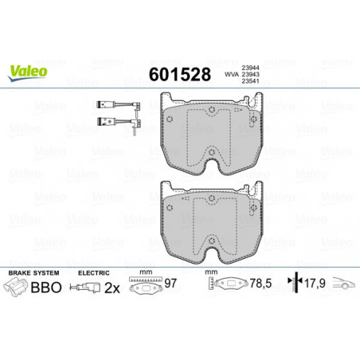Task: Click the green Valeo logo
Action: click(x=28, y=72)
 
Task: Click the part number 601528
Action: click(x=180, y=74)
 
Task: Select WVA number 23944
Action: click(x=250, y=68)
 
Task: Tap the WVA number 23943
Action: click(x=250, y=75)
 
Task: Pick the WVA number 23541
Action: click(x=250, y=81)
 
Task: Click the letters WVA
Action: click(x=232, y=75)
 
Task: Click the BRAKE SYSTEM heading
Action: click(x=33, y=273)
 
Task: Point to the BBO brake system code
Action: click(x=46, y=288)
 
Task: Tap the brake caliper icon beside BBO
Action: click(x=15, y=287)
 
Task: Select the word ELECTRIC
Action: click(x=94, y=273)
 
